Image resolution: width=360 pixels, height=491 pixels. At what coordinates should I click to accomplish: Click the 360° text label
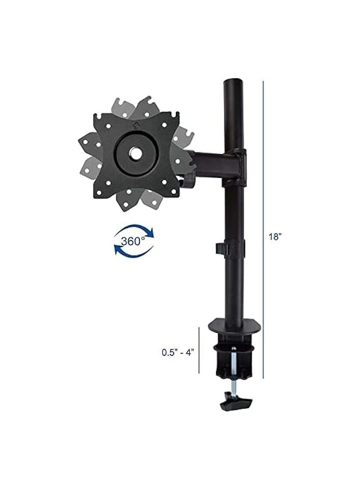(134, 241)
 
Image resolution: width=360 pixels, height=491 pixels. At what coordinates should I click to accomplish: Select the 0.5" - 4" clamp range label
(178, 352)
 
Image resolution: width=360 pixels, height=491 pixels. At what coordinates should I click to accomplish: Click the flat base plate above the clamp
(236, 324)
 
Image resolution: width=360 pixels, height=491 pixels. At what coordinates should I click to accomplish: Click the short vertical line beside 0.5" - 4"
(199, 352)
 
